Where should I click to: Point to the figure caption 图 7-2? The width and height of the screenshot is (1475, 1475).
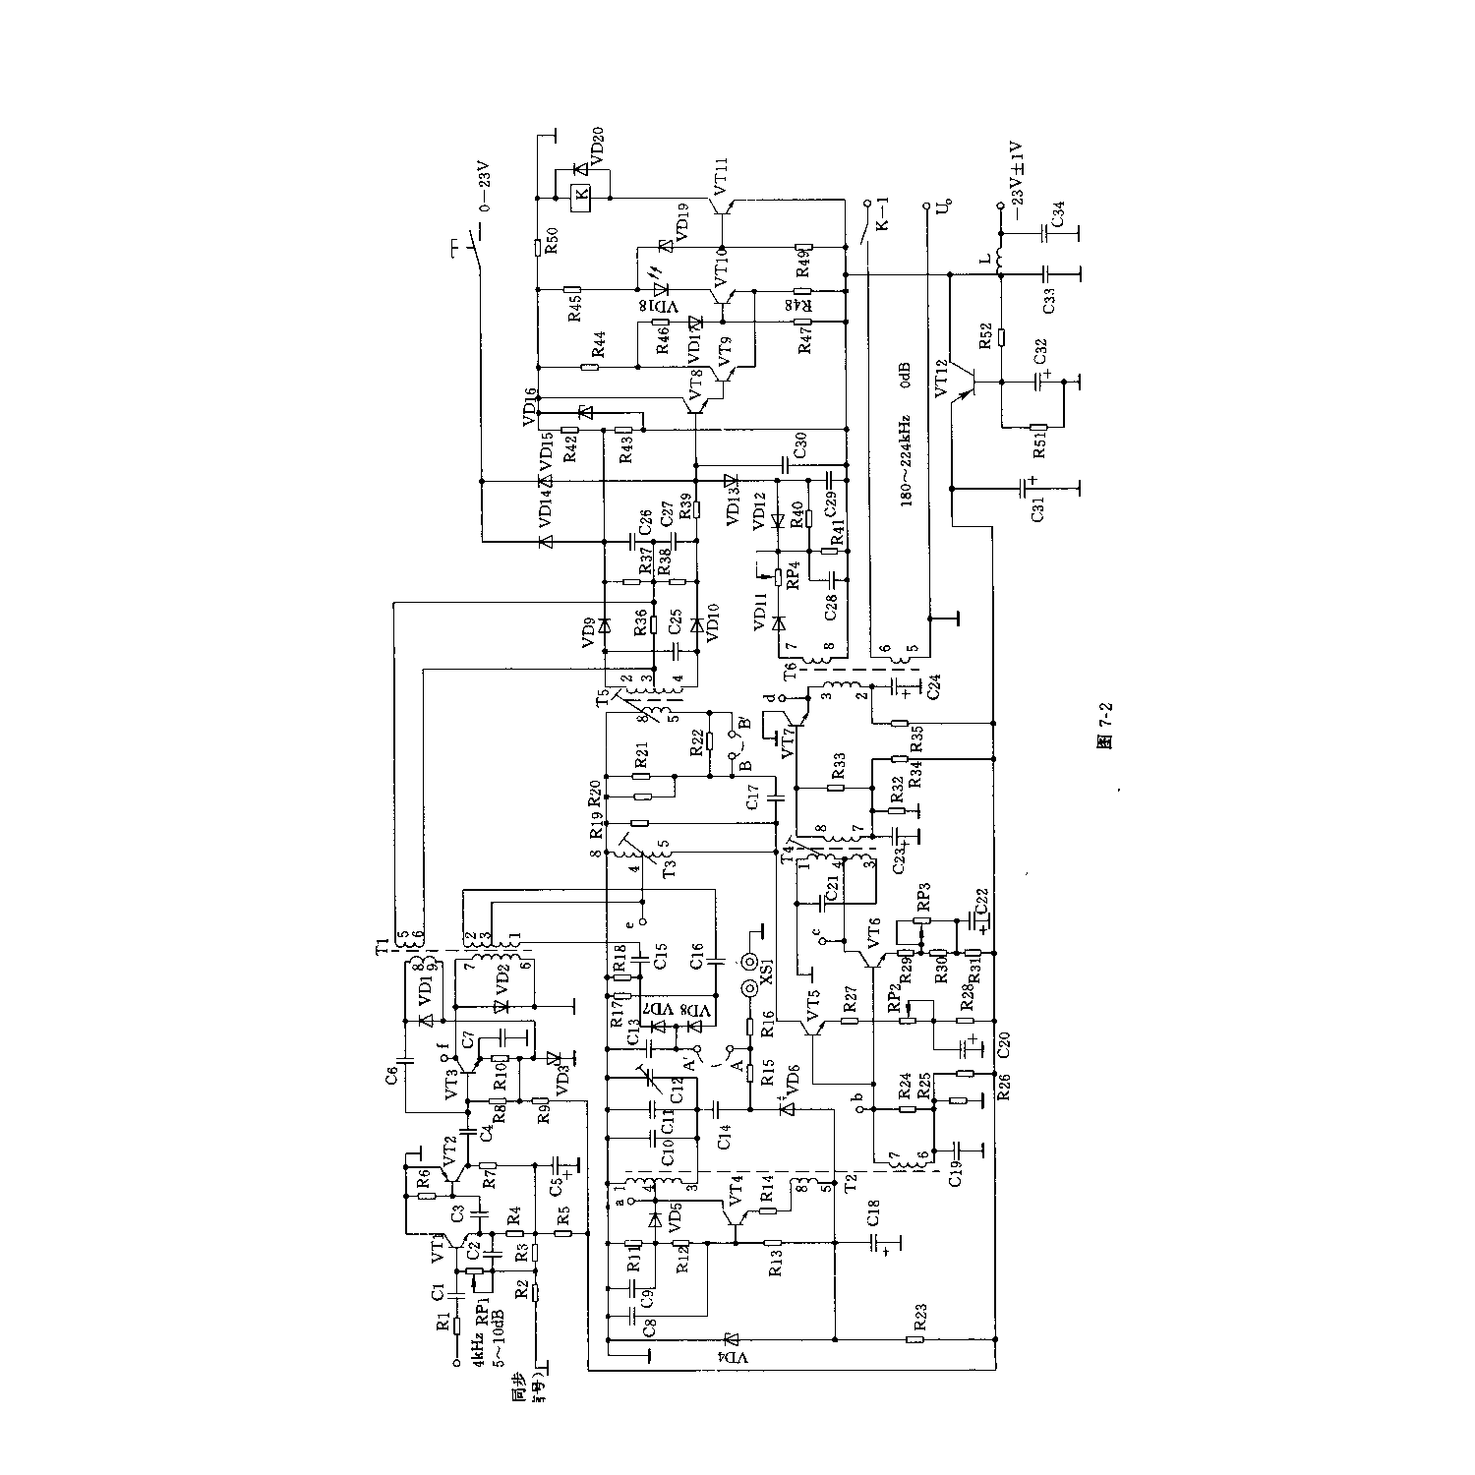click(1104, 740)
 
